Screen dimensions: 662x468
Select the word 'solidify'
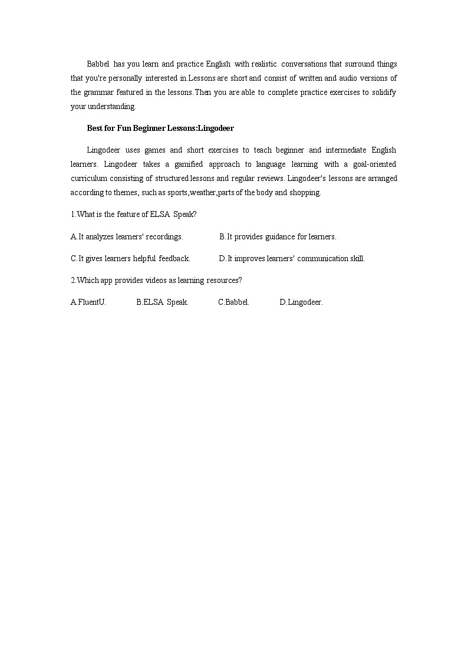point(383,92)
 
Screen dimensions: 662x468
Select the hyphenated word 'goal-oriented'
point(374,164)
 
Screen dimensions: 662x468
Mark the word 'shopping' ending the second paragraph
point(305,193)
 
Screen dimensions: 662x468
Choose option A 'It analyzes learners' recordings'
point(127,236)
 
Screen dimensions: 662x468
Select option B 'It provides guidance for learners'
point(278,236)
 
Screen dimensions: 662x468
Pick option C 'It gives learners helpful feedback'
point(130,258)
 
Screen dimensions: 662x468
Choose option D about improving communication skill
point(292,258)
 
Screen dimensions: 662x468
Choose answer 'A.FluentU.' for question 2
point(88,302)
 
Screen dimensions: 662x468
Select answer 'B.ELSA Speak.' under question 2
point(162,302)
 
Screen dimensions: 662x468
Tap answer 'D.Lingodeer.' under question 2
point(301,302)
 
